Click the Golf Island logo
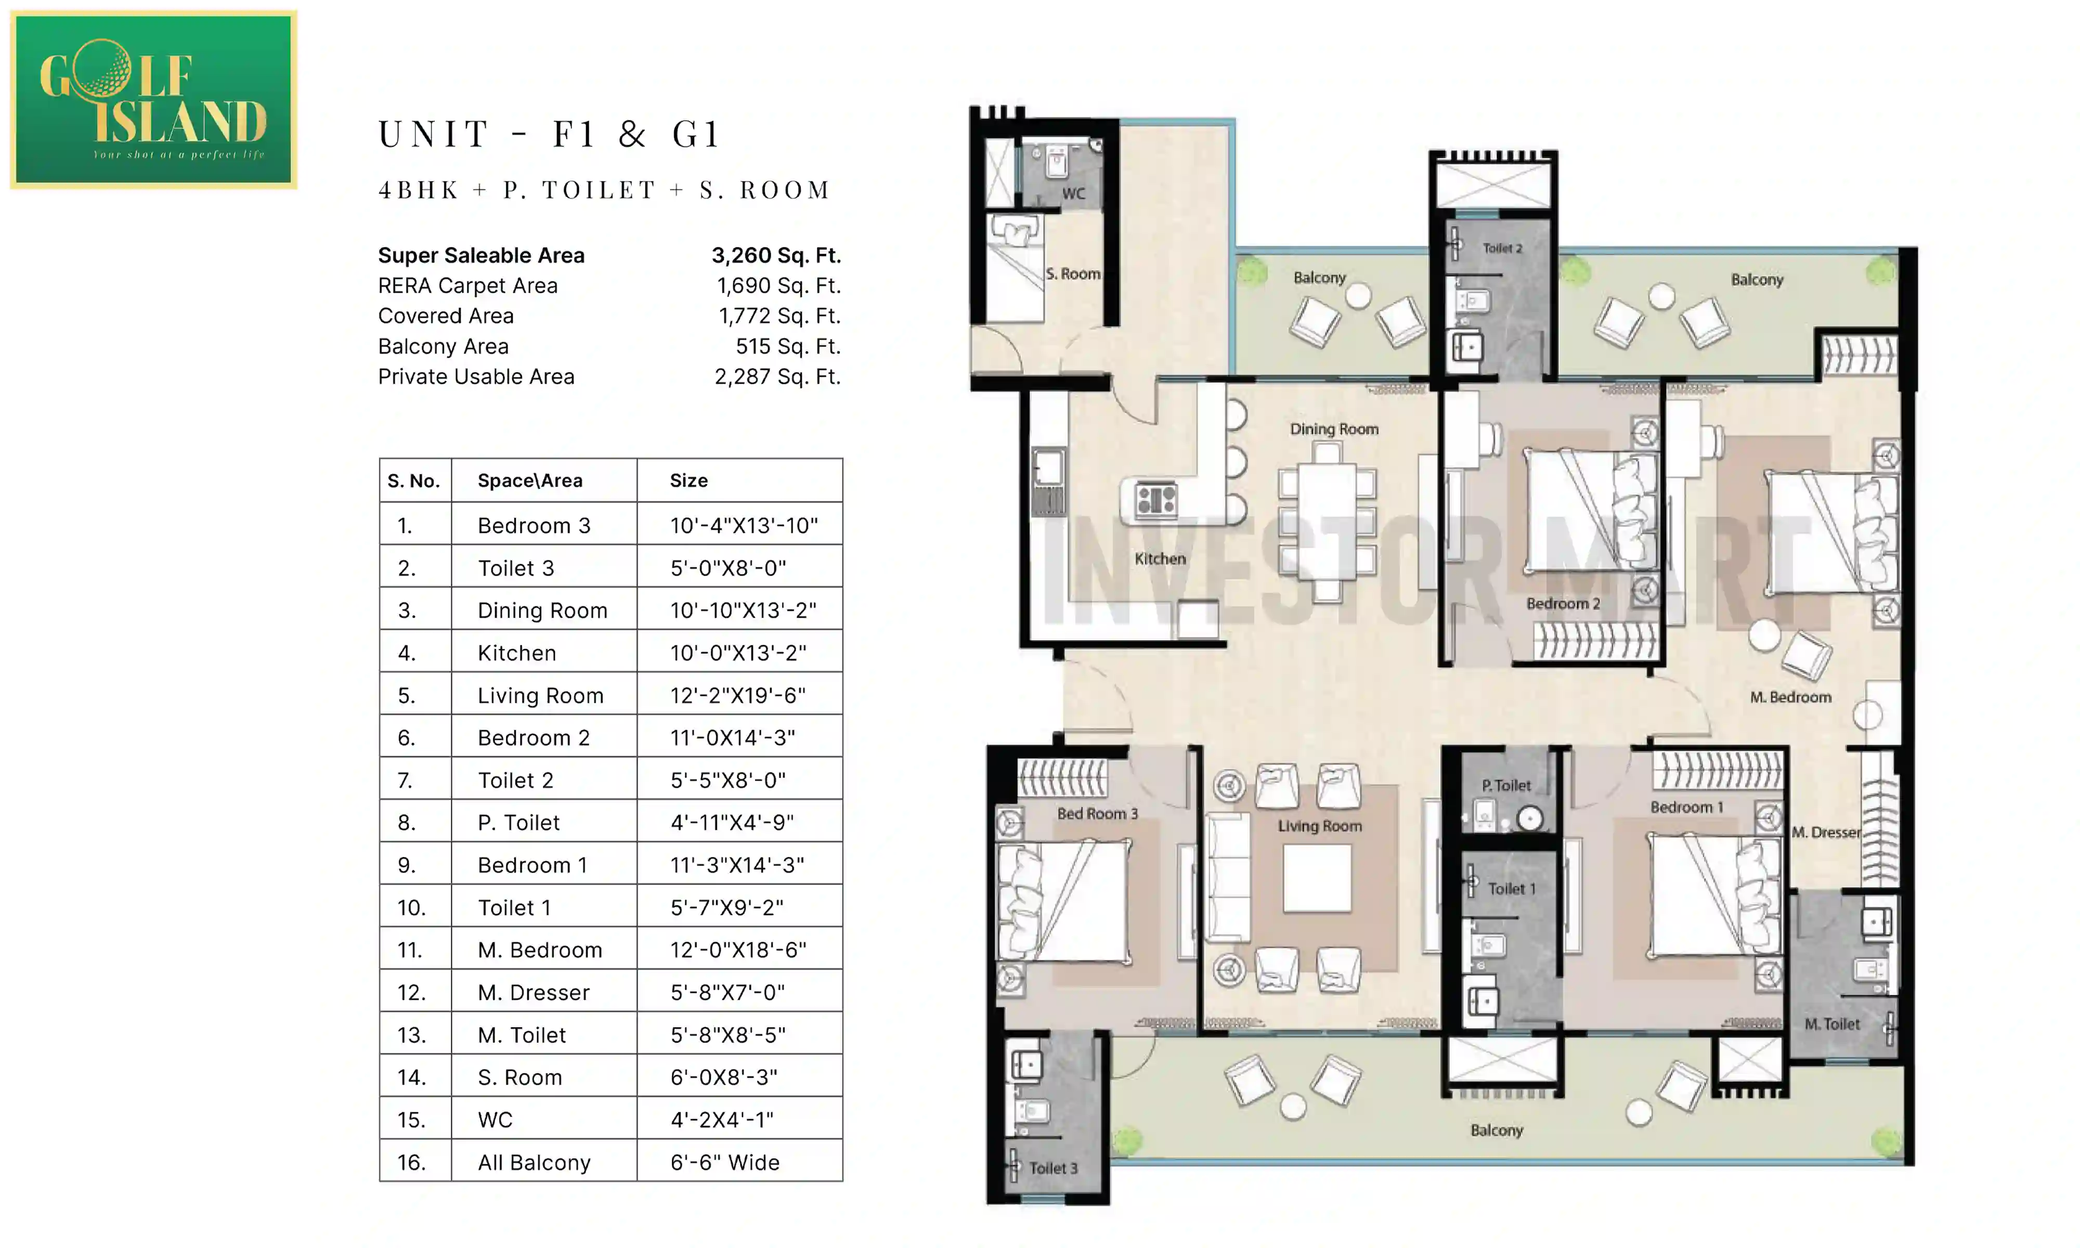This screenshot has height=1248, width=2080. pos(153,99)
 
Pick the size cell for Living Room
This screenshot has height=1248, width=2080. pos(737,695)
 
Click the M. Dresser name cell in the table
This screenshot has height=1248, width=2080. pos(533,992)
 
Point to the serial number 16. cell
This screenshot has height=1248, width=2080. pos(411,1162)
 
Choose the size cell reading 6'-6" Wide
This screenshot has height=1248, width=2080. pos(725,1162)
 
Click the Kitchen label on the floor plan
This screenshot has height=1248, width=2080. pos(1160,558)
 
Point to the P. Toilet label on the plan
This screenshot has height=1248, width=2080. pos(1506,786)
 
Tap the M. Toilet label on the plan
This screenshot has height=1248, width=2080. pos(1832,1023)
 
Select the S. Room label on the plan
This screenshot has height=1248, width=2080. pos(1073,274)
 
